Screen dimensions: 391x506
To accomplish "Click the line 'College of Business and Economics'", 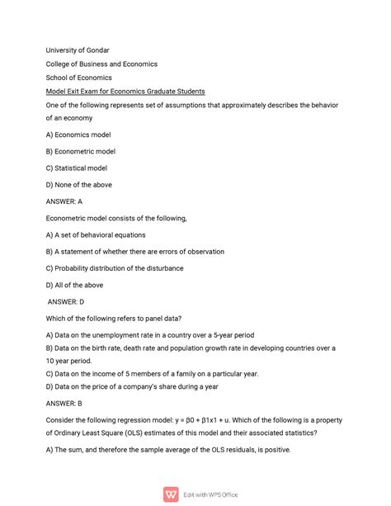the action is tap(101, 64).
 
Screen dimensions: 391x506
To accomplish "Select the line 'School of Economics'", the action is tap(79, 78).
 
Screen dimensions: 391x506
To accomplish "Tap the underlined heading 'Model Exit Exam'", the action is tap(125, 91).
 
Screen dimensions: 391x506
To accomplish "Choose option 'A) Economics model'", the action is tap(78, 135).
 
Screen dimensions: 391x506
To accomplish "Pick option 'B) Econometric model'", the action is tap(81, 151).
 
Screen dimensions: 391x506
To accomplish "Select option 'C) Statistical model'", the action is tap(77, 168).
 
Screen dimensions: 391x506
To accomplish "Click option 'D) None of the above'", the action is tap(79, 185).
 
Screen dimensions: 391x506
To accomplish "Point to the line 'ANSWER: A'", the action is tap(64, 201).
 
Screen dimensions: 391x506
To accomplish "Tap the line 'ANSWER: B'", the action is tap(64, 404).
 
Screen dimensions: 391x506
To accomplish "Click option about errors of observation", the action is tap(135, 252).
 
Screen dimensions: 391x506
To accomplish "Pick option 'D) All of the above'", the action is tap(74, 285).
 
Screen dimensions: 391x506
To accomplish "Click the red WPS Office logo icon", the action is tap(172, 494).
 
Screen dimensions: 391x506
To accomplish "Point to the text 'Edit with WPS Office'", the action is tap(210, 494).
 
